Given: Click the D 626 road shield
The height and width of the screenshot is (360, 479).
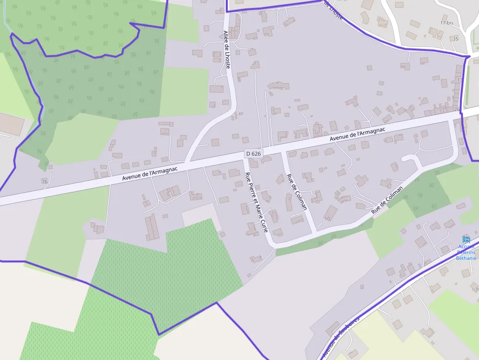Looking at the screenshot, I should tap(254, 153).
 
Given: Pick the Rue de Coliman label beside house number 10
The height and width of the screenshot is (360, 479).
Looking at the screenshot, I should tap(387, 200).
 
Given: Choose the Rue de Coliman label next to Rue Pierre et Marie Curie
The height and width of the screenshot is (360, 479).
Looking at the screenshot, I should tap(297, 191).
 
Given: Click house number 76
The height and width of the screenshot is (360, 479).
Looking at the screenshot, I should tap(45, 182).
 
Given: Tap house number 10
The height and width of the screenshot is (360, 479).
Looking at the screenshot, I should tap(327, 218).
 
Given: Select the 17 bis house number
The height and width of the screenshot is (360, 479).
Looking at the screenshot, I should tap(447, 23).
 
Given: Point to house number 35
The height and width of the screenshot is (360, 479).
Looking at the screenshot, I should tap(456, 39).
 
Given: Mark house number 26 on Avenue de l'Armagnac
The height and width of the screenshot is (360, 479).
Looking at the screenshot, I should tap(457, 109).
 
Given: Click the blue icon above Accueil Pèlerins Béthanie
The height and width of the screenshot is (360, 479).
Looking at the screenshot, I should tap(466, 239).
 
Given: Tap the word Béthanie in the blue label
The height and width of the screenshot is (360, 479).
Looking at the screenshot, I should tap(466, 258).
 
